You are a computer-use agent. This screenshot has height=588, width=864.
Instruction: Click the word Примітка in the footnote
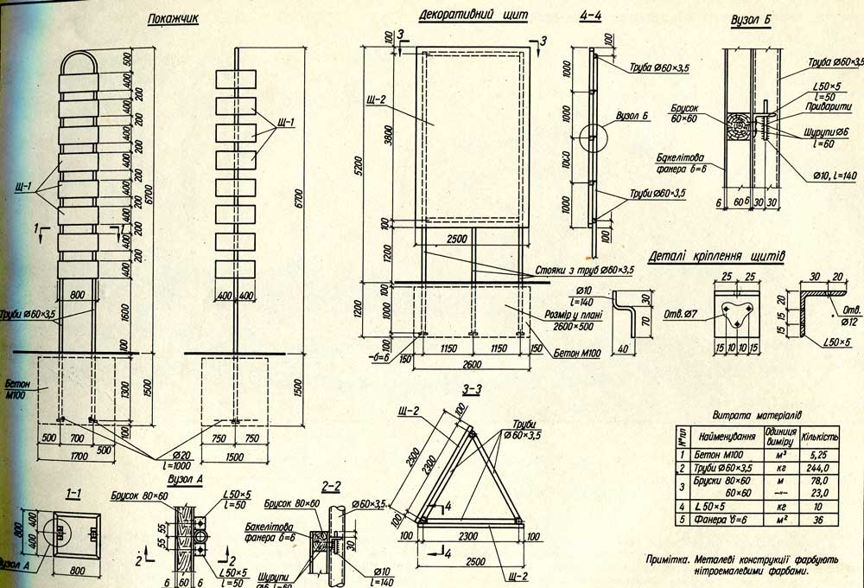(671, 559)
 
